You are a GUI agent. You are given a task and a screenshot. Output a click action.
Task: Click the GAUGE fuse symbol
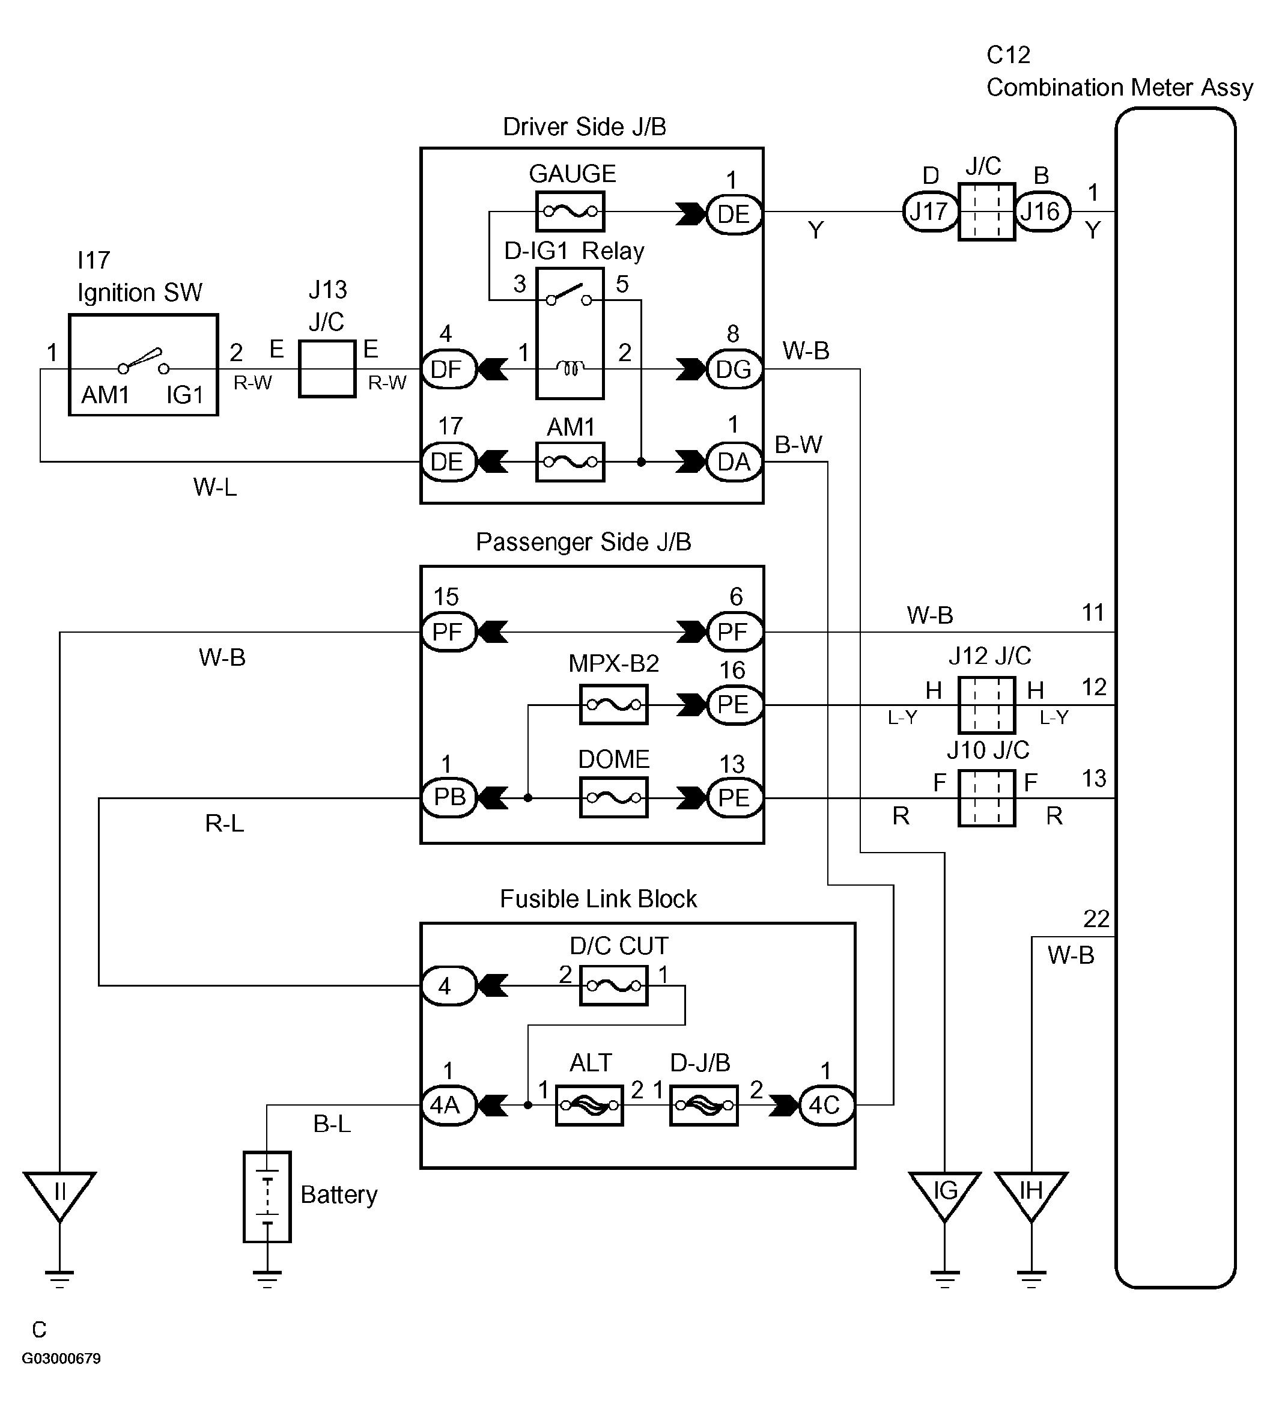pos(570,211)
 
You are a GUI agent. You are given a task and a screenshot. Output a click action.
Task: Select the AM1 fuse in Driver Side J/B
pos(570,461)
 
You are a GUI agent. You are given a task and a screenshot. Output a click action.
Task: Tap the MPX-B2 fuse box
pos(613,704)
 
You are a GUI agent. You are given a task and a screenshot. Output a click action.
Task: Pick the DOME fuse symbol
pos(613,797)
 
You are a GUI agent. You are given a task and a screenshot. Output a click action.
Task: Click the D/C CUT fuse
pos(613,985)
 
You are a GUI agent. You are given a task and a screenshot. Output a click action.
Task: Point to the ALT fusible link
pos(589,1105)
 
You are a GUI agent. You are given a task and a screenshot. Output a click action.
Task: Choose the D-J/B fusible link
pos(703,1105)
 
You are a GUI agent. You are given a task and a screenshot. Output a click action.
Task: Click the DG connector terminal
pos(734,369)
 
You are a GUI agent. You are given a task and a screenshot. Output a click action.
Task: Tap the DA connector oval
pos(734,461)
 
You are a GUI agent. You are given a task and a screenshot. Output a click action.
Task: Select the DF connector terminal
pos(448,369)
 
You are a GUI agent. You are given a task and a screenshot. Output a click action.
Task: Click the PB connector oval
pos(449,797)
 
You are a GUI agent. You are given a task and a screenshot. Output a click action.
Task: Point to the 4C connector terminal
pos(826,1105)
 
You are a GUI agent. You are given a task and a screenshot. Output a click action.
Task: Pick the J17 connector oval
pos(929,211)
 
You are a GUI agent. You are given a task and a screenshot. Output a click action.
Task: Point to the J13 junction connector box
pos(327,369)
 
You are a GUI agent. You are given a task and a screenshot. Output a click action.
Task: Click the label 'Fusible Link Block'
pos(598,899)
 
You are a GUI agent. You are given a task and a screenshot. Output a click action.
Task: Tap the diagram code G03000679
pos(61,1359)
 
